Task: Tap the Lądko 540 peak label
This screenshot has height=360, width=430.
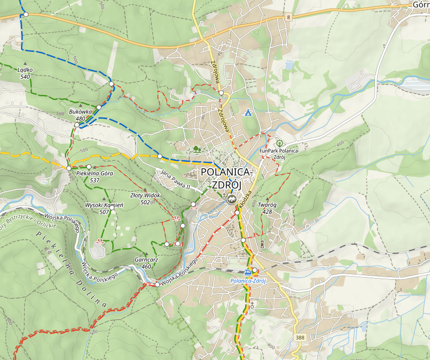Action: (25, 73)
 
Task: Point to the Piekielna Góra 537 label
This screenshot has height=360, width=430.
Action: (94, 176)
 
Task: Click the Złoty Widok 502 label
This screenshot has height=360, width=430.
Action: (145, 199)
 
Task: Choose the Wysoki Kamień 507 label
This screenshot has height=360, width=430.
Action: (104, 208)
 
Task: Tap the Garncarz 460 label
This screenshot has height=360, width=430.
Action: (146, 263)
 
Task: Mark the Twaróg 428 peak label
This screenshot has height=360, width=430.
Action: (268, 208)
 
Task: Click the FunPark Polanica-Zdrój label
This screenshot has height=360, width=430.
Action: (279, 154)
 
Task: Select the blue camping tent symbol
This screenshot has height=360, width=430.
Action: (248, 113)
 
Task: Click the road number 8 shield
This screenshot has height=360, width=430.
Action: (289, 17)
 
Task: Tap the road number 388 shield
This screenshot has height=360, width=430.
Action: (300, 338)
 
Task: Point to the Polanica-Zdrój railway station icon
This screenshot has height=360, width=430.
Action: (248, 272)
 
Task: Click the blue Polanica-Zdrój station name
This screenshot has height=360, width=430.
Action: (248, 281)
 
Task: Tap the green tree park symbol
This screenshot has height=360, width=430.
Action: (197, 149)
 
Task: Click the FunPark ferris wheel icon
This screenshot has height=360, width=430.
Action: (279, 143)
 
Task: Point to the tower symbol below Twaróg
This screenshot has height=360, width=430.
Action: (262, 244)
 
